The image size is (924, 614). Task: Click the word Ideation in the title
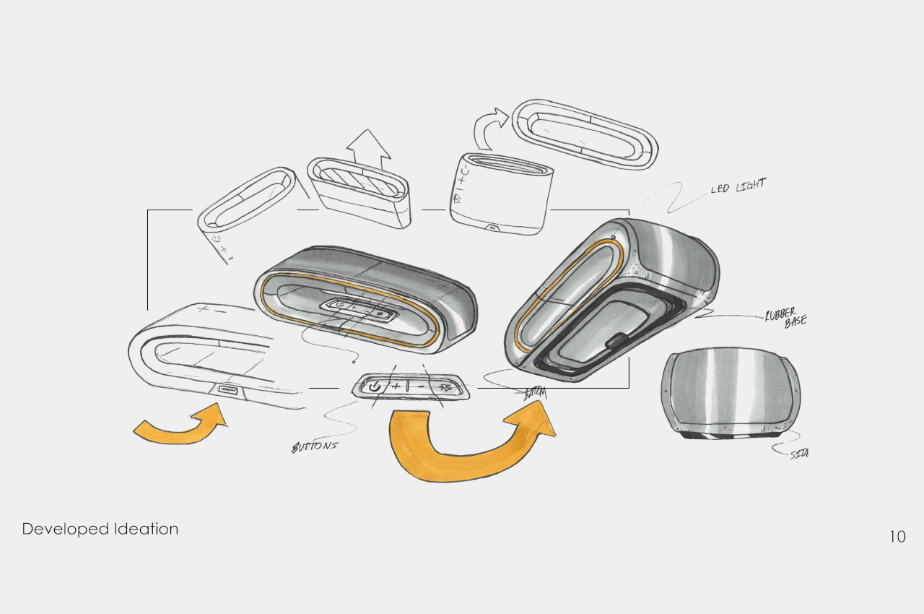147,529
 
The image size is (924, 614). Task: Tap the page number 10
897,537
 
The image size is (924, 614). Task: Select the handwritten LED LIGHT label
737,186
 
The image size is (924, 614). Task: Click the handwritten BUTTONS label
314,446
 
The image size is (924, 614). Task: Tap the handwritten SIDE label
798,454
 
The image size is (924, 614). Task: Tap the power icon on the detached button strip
373,387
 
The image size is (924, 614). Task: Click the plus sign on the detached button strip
396,386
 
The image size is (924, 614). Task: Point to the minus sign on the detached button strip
421,387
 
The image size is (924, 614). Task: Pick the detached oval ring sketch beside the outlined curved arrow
584,132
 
